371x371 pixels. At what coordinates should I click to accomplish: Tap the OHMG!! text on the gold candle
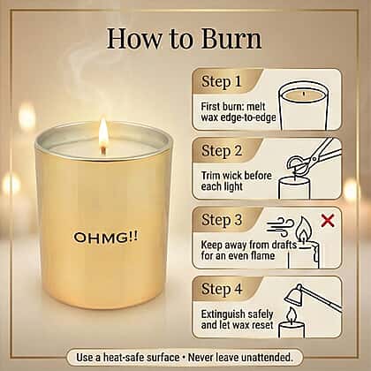click(105, 237)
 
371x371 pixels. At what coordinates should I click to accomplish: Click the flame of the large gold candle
click(103, 132)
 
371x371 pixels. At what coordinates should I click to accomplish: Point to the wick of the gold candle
click(103, 150)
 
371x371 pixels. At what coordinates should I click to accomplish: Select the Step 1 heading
click(222, 81)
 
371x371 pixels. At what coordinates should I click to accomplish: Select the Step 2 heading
click(222, 151)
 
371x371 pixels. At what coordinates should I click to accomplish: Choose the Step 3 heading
click(222, 220)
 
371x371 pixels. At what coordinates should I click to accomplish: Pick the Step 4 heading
click(222, 289)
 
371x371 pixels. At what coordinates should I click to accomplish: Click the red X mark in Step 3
click(328, 221)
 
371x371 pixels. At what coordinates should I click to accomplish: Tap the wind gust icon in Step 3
click(280, 227)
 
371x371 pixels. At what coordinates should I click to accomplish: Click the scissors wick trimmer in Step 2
click(314, 156)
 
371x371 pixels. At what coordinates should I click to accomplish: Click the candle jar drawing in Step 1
click(303, 106)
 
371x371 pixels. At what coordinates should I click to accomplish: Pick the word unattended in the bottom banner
click(268, 358)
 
